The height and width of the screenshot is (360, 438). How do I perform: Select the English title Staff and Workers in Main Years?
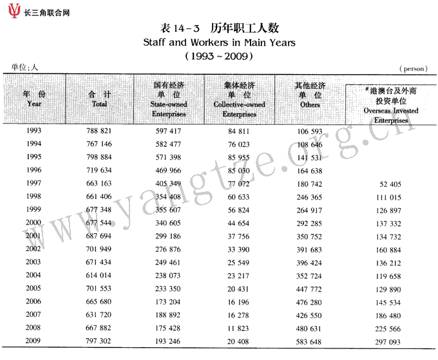point(218,43)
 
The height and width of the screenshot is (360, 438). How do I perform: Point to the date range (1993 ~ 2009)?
point(218,56)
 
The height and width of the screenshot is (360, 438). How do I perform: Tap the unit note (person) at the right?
point(415,68)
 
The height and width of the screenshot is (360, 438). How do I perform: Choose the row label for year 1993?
point(34,131)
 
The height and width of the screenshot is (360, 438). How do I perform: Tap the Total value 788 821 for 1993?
point(99,131)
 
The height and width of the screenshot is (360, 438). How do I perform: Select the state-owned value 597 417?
point(169,131)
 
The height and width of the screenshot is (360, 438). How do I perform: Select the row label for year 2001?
point(34,236)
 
